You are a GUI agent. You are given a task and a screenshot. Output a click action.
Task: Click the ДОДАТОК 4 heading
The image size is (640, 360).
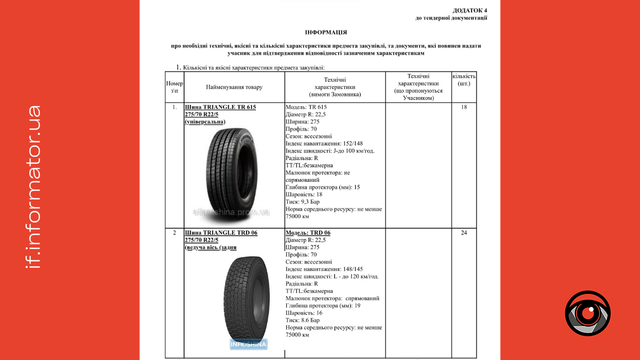[x=469, y=10]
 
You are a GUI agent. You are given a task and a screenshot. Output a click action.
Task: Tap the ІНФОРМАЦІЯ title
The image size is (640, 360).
[x=326, y=33]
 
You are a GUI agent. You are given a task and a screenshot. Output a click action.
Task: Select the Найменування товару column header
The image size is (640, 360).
[x=234, y=87]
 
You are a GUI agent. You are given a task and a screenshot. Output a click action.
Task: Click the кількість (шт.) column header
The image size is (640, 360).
[x=463, y=80]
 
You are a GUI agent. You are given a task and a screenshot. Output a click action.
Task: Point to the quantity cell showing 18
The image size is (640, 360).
[x=463, y=107]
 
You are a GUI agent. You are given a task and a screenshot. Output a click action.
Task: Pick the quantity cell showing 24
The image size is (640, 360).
[x=463, y=233]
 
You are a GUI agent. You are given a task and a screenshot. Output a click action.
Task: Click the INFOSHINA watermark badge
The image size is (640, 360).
[x=248, y=344]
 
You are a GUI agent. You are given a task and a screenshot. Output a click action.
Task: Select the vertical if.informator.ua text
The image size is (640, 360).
[x=33, y=186]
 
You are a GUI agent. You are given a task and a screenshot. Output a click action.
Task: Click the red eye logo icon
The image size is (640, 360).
[x=588, y=314]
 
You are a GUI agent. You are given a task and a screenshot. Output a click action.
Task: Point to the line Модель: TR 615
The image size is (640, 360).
[x=306, y=107]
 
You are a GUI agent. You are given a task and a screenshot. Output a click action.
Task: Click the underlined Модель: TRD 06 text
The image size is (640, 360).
[x=308, y=233]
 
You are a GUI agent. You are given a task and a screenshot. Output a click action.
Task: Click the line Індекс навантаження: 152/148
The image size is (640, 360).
[x=324, y=143]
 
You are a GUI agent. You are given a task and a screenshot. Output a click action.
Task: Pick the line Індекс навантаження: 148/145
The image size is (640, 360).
[x=324, y=269]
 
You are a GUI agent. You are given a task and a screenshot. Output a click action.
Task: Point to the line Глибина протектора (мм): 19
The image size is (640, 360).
[x=323, y=306]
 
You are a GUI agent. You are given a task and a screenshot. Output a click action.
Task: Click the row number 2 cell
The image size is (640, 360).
[x=174, y=233]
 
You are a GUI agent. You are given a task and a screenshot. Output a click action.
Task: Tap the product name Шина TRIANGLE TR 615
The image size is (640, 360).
[x=220, y=107]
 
